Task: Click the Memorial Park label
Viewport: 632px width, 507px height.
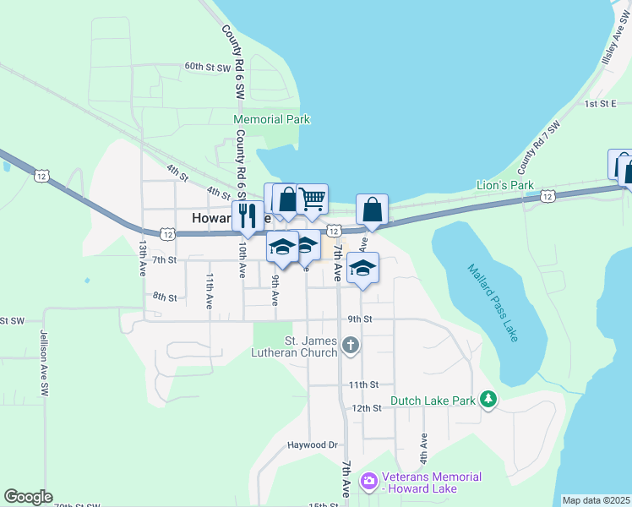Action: point(271,120)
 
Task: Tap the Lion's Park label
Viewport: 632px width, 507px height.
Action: point(505,185)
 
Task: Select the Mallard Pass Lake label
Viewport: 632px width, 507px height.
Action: point(493,303)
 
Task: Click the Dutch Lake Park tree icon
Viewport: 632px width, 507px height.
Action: point(488,398)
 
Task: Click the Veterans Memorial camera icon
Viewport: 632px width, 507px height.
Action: point(368,481)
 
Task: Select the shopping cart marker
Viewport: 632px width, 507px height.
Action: point(313,199)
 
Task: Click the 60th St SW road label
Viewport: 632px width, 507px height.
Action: point(208,66)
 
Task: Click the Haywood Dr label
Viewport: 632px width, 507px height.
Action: point(312,444)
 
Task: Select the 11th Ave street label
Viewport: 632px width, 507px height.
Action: point(210,288)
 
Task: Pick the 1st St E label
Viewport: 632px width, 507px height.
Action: point(602,103)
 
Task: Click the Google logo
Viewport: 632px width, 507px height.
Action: point(28,497)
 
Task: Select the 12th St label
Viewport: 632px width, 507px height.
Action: point(367,407)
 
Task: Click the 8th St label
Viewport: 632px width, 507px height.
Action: point(164,297)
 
